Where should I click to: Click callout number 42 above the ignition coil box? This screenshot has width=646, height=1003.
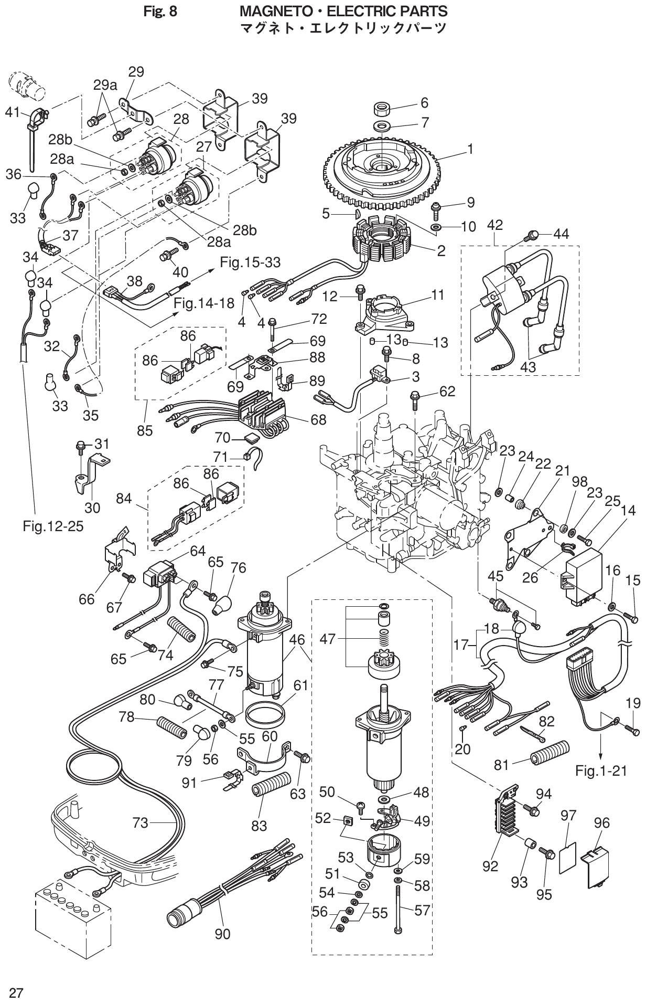point(494,225)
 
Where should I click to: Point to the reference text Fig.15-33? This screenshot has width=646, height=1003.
point(250,262)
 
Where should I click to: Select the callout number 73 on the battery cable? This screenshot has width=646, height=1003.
point(140,823)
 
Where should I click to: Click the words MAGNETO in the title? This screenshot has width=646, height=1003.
point(275,10)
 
